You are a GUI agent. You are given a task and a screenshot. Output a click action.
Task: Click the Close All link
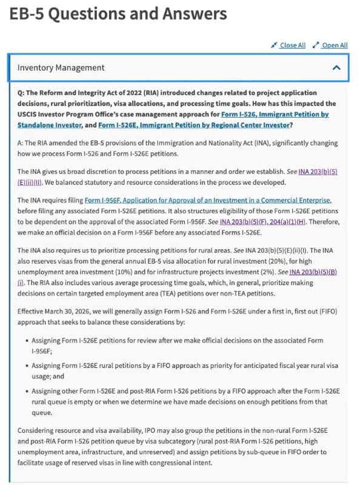[x=292, y=45]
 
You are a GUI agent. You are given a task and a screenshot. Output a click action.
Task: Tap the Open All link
[x=334, y=45]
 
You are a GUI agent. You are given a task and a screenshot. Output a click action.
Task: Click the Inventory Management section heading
[x=61, y=68]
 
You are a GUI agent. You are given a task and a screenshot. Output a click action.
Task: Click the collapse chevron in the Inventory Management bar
[x=336, y=68]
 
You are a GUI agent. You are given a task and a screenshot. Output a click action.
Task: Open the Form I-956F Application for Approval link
[x=207, y=199]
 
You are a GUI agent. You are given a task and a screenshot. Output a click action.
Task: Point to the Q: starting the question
[x=22, y=93]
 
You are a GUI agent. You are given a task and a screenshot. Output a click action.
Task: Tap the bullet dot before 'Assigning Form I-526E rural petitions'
[x=24, y=366]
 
